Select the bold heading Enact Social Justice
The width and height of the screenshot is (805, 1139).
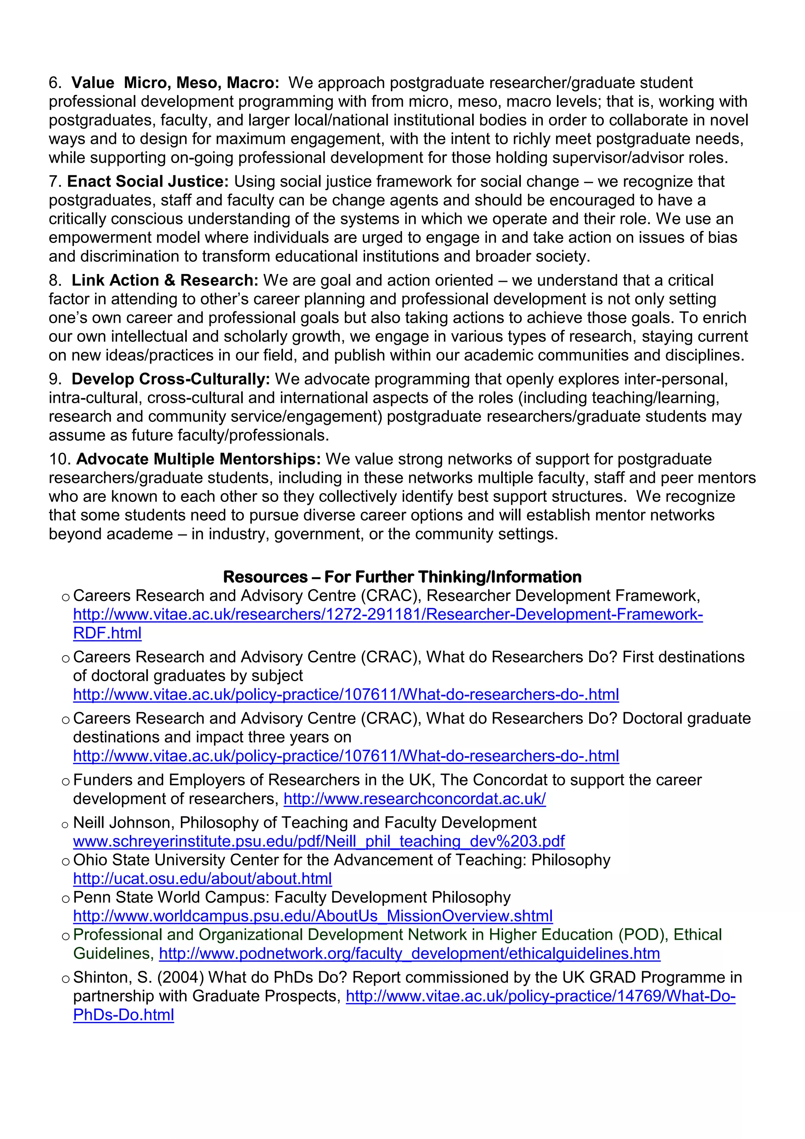click(148, 182)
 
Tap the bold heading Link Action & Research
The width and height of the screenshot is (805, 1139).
click(165, 280)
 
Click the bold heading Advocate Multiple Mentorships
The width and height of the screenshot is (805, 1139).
click(198, 459)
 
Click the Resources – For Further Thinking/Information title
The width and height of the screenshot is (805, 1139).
click(402, 577)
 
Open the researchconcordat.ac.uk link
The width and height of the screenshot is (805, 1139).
click(415, 799)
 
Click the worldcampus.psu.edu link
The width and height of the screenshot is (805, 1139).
click(312, 916)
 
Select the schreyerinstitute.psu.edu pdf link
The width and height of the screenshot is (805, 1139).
click(318, 841)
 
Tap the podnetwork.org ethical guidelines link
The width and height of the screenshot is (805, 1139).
click(409, 953)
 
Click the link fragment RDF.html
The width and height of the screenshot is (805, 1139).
click(107, 633)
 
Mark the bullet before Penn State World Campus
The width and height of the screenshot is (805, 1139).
click(66, 899)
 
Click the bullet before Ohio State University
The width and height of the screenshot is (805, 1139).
click(66, 862)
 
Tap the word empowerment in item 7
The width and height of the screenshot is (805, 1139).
click(100, 238)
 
